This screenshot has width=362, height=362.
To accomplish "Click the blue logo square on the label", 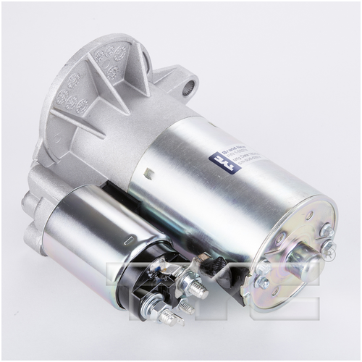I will point(215,164).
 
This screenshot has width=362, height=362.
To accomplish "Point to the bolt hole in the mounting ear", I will point(188,88).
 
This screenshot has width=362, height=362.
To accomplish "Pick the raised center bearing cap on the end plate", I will point(301,250).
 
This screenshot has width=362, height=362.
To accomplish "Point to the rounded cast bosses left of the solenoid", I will point(33,217).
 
